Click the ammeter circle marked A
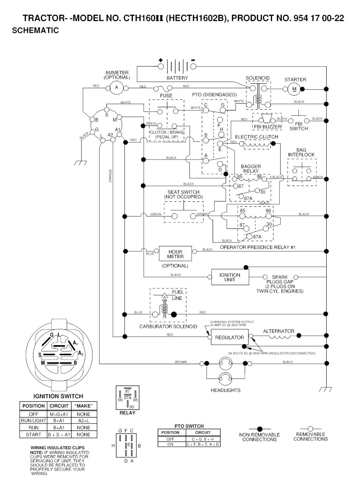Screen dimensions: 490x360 click(x=117, y=87)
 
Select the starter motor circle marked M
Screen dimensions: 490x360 click(x=294, y=89)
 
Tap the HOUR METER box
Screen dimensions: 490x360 click(x=175, y=254)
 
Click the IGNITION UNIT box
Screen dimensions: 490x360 click(x=230, y=277)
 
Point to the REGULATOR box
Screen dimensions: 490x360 click(x=230, y=337)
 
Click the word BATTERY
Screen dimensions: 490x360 click(x=177, y=78)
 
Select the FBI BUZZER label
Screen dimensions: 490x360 click(x=268, y=127)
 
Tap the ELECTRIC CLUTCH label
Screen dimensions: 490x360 click(x=256, y=137)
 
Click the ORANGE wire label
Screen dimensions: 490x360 click(x=110, y=176)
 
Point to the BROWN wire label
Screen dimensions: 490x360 click(x=181, y=362)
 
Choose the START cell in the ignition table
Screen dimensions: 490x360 click(x=33, y=434)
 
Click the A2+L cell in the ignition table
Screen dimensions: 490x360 click(x=83, y=421)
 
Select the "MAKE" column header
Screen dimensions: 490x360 click(x=83, y=406)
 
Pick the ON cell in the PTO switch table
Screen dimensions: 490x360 click(x=171, y=444)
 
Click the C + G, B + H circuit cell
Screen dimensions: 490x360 click(x=202, y=439)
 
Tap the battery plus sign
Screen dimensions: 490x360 click(x=161, y=60)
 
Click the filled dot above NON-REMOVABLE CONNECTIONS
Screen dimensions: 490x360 click(x=259, y=429)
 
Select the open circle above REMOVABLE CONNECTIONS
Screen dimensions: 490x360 click(x=310, y=429)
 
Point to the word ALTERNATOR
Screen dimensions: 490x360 click(x=278, y=331)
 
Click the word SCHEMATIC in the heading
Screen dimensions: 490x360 click(x=35, y=31)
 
